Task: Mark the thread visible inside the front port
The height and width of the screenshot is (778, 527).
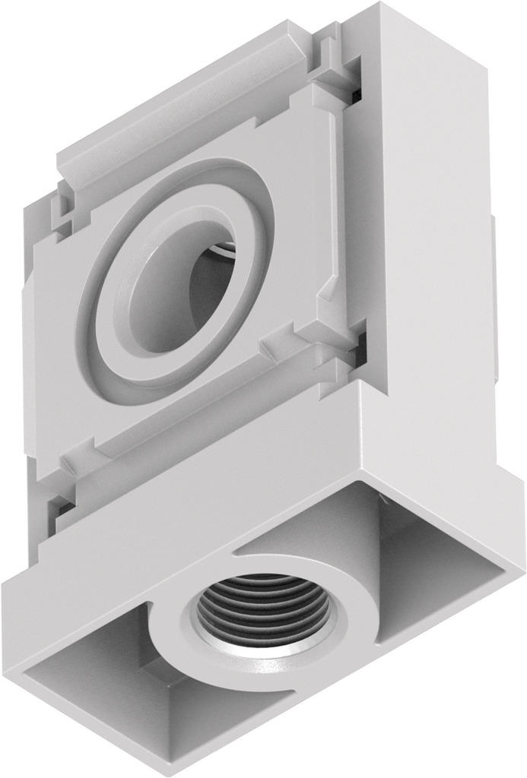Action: (x=224, y=247)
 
